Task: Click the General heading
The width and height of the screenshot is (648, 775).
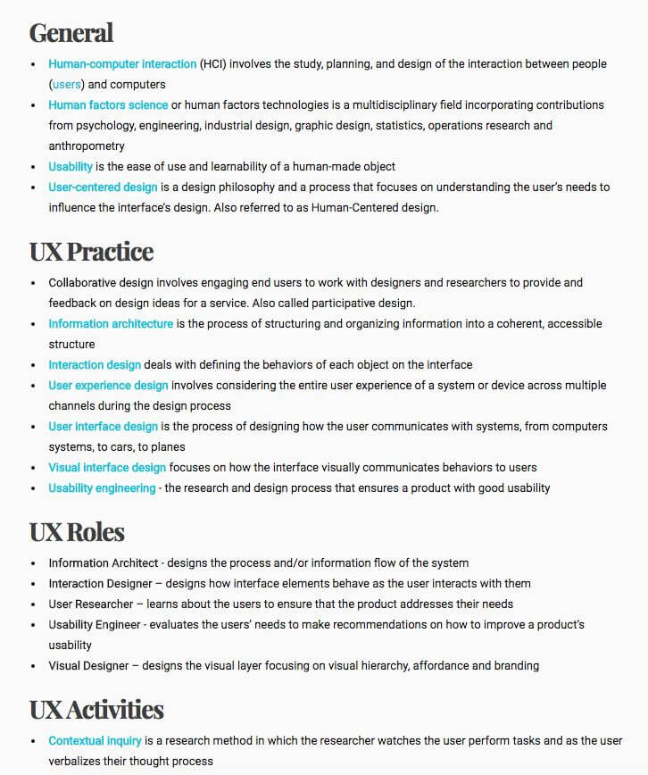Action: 71,33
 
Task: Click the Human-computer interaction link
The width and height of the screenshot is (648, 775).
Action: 122,64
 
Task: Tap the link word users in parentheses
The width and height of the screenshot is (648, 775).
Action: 66,85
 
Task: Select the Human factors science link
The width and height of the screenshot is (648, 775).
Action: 108,105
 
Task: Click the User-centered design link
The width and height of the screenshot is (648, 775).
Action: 103,187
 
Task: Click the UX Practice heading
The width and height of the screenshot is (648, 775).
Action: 91,252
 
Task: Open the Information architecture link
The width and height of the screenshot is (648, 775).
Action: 111,324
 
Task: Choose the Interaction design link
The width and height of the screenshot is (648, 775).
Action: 95,365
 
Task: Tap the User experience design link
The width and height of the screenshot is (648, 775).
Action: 108,386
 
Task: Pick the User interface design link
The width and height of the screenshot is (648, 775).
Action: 103,427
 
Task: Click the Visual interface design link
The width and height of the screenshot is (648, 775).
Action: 107,468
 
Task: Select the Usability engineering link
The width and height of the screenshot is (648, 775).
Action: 102,488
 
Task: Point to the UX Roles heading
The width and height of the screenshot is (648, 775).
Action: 77,533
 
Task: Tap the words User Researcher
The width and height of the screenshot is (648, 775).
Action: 90,604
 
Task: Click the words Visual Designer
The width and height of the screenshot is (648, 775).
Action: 89,666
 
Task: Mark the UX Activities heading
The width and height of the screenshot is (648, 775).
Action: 96,711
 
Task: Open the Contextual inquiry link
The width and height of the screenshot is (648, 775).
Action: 95,741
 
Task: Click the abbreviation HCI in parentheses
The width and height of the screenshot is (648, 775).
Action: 212,64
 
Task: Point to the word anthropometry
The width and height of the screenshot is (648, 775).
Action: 87,146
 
